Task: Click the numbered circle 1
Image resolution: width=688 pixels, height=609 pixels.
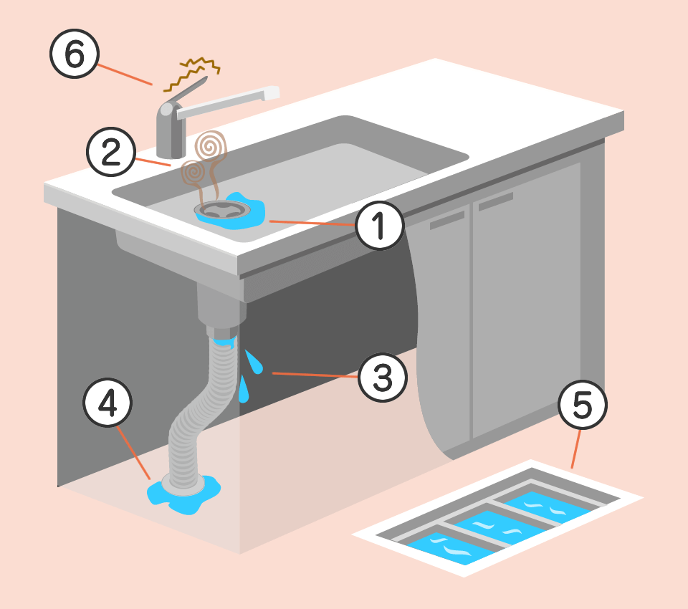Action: (380, 226)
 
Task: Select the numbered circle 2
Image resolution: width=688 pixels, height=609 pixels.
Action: (111, 152)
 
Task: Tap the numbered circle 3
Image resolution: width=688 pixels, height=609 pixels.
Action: (383, 378)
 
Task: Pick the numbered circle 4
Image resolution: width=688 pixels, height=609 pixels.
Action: (107, 403)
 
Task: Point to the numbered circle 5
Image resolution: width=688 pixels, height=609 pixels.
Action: (583, 405)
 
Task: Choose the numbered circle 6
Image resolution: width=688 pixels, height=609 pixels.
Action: (75, 54)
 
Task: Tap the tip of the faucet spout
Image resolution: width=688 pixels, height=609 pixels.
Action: (273, 92)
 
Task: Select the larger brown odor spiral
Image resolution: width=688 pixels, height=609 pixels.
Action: (211, 147)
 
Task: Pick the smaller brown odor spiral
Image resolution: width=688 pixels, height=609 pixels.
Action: (193, 172)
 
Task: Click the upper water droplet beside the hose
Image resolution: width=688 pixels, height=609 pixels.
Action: (254, 363)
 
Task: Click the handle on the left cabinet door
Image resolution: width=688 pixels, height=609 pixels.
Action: (447, 220)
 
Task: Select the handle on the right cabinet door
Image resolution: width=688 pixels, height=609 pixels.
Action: (496, 201)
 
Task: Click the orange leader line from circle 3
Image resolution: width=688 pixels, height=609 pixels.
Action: (315, 375)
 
